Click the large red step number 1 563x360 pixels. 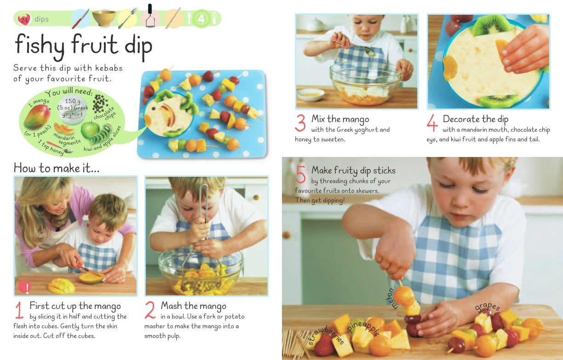pos(19,310)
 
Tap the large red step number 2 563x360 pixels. pos(150,310)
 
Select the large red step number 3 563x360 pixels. pos(300,123)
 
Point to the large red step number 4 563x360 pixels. pos(432,123)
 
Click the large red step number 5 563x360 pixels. pos(301,175)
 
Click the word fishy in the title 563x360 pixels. pos(40,46)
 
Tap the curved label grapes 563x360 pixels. pos(487,307)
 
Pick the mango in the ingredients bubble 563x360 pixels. pos(37,116)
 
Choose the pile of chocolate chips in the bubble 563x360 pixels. pos(98,104)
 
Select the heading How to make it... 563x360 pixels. pos(56,168)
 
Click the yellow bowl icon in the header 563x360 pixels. pos(104,18)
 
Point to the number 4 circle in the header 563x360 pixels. pos(201,19)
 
